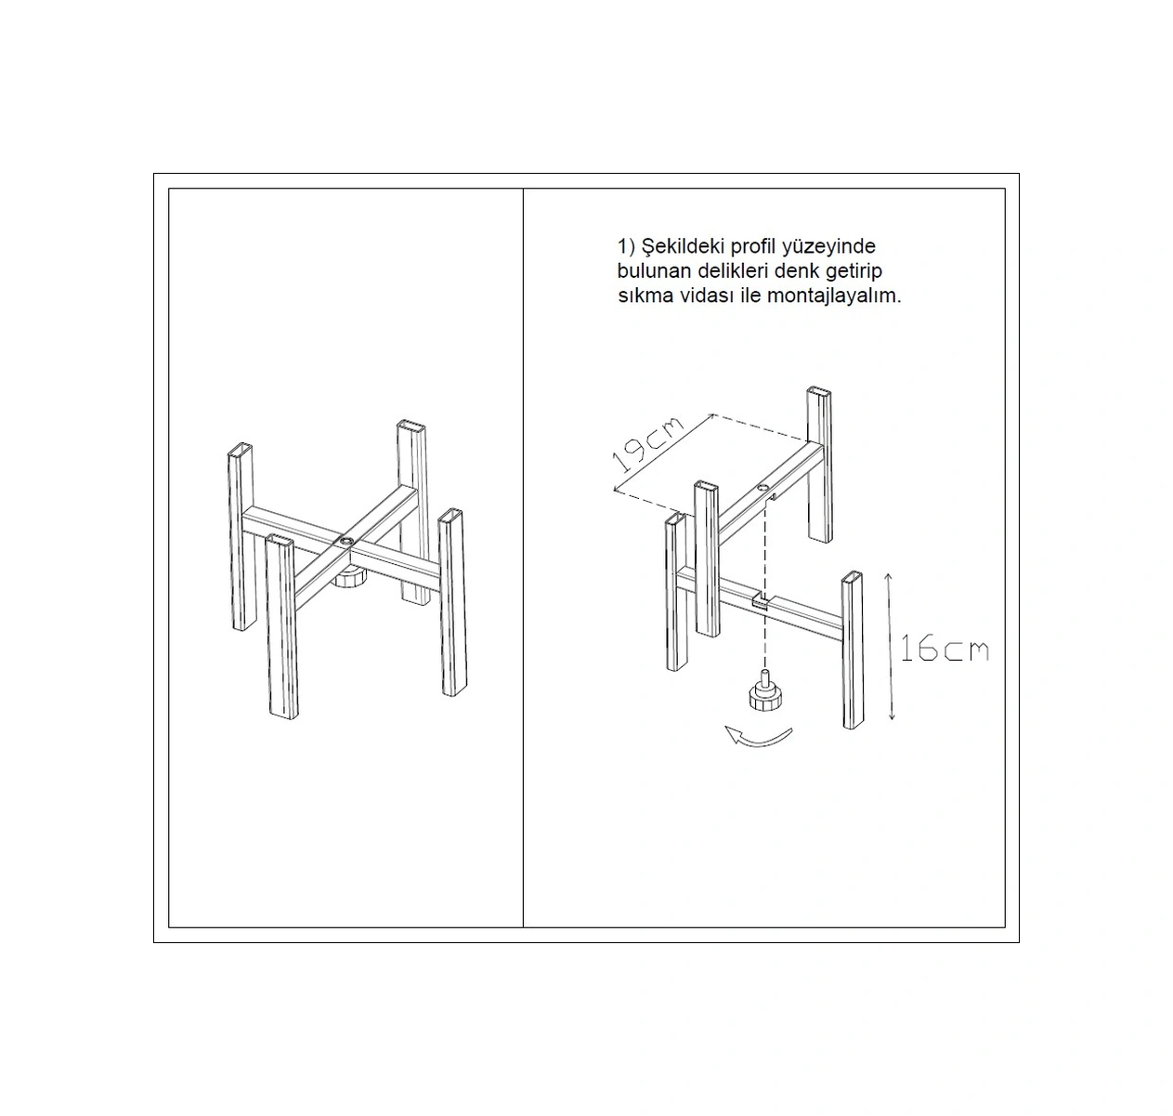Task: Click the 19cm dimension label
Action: [x=648, y=443]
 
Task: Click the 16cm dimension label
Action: [x=945, y=649]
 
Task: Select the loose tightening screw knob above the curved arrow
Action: [x=763, y=692]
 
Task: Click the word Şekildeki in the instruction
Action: [x=684, y=246]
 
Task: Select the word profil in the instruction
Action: [x=753, y=247]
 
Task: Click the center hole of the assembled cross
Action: [x=345, y=540]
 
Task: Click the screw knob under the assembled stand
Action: [x=348, y=579]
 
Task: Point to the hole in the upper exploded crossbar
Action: [x=762, y=488]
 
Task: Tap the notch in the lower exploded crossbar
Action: [x=761, y=600]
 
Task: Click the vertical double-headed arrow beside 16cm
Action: [x=890, y=646]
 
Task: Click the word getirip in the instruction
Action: [x=854, y=271]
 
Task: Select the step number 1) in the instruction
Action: [x=627, y=247]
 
